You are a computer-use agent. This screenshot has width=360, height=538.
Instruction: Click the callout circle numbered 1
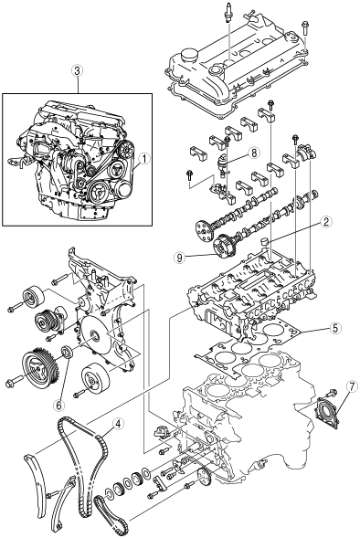145,159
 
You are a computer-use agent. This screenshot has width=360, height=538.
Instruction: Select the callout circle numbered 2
325,222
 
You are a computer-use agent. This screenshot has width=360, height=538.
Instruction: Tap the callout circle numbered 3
78,71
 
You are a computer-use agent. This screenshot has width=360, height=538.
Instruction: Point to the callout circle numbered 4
118,424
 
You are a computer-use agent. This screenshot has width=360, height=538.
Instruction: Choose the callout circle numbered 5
335,328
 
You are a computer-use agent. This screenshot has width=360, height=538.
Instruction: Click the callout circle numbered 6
59,406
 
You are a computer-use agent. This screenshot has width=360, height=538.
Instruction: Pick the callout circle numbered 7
352,386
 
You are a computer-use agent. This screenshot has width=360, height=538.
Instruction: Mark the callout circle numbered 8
254,153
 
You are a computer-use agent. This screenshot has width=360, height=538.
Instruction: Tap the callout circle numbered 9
179,258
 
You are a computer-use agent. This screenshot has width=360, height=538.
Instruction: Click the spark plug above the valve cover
228,13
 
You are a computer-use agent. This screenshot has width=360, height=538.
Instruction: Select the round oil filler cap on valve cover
190,55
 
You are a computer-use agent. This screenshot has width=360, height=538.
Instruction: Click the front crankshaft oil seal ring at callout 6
67,352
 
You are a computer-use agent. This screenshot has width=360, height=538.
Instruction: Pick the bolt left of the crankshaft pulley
14,381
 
